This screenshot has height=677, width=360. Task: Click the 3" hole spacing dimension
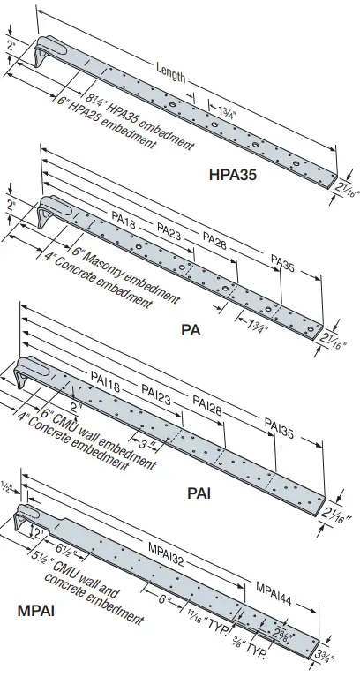click(144, 441)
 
